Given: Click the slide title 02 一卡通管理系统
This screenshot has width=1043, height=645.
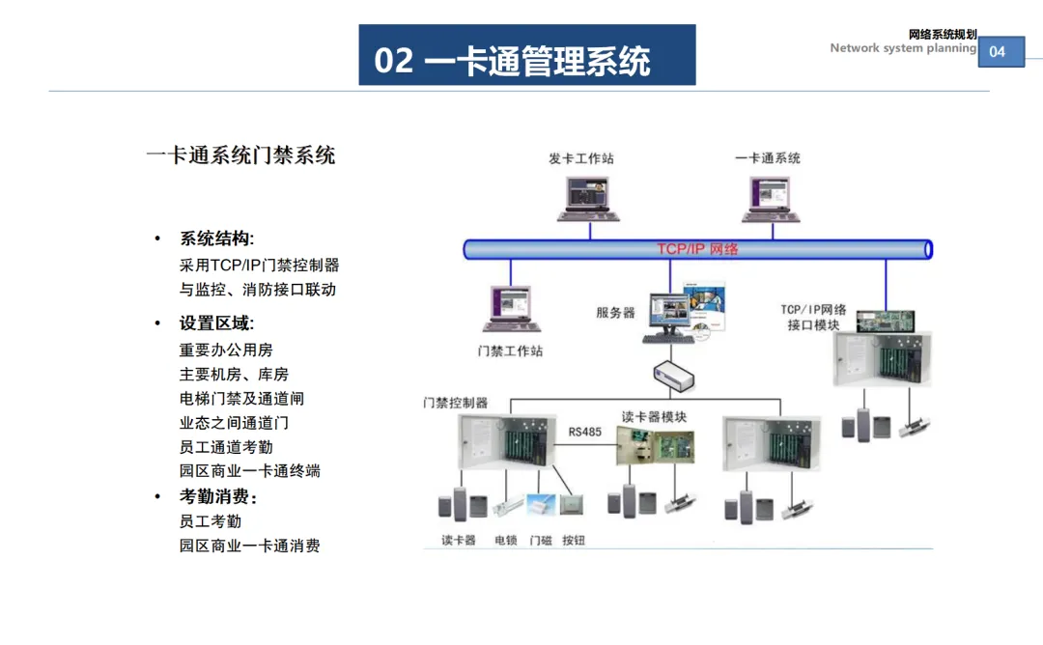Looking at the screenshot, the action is point(512,61).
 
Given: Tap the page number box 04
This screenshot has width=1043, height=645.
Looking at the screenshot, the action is point(1001,51).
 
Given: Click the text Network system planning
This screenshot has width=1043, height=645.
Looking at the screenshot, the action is point(903,48).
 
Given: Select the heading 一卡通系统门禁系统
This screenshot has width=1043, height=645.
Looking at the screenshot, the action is point(240,154).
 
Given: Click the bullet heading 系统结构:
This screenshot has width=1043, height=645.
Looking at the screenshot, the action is point(217,238).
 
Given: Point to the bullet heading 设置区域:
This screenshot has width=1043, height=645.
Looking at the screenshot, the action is point(217,323).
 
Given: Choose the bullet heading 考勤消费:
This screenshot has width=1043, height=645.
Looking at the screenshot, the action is point(218,496).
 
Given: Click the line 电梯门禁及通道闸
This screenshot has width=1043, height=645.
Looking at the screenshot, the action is point(241,399).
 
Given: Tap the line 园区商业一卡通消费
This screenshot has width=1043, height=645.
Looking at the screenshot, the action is point(249,546).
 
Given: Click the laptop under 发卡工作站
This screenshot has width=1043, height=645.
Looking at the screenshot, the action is point(588,198).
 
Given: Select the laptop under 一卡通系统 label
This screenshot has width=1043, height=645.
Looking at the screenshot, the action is point(771,199).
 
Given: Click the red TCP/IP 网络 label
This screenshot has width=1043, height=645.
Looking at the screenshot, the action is point(697,249).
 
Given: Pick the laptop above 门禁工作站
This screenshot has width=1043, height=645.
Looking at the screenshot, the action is point(511,309).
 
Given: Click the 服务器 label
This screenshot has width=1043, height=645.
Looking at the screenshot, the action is point(615,313).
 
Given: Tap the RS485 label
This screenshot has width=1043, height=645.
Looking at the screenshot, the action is point(584,433).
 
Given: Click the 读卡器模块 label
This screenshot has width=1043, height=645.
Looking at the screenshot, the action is point(654,417).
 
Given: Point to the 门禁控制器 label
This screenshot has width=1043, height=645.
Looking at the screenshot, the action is point(455,403).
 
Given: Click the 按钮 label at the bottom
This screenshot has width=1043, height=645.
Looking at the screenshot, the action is point(574,540).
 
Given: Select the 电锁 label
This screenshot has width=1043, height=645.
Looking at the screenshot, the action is point(505,540).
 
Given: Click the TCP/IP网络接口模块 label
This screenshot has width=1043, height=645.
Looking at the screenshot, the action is point(813,317).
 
